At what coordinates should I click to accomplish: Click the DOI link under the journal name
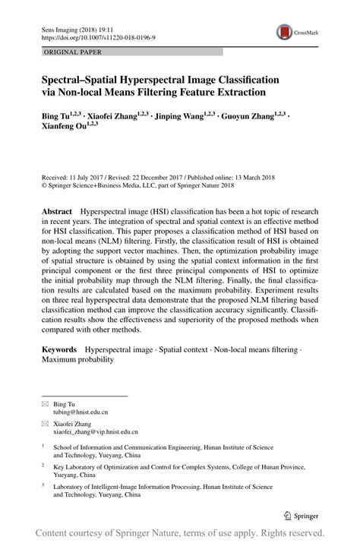point(90,36)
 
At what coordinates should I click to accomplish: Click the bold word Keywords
point(59,347)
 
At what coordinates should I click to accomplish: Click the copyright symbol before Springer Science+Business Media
point(43,185)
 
